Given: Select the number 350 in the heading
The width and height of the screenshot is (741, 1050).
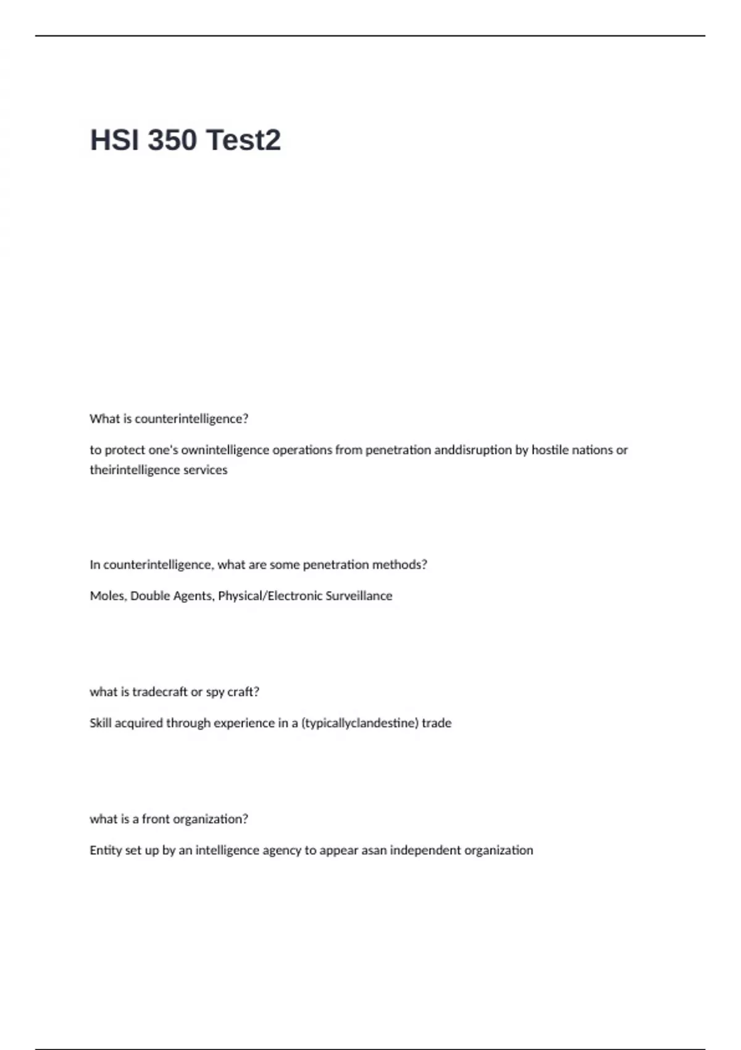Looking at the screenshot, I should point(172,140).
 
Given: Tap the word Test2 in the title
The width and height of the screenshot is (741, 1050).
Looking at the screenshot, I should point(243,140).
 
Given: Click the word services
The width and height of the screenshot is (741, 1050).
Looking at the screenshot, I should point(205,470).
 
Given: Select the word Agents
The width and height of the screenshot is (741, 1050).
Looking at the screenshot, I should point(193,596).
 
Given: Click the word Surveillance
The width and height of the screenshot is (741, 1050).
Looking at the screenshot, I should point(359,596).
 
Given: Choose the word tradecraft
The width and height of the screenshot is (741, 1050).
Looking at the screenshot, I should point(160,692).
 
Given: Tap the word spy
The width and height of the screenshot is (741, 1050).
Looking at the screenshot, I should point(215,692).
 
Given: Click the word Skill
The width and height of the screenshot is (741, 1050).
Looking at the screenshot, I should point(100,723).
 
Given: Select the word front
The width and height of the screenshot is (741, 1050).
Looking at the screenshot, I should point(156,819).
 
